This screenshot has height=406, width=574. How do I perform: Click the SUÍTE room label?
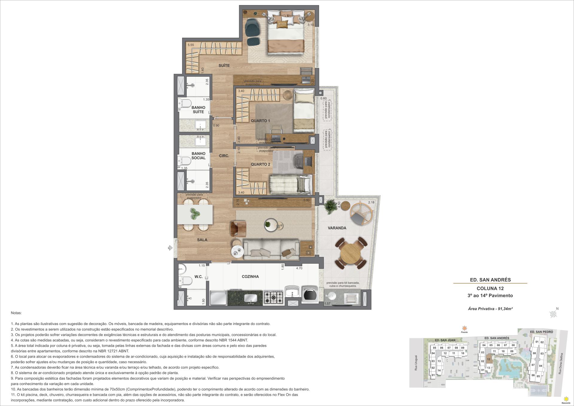224,65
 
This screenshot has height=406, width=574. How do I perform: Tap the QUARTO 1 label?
260,121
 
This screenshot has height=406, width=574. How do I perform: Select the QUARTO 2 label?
260,164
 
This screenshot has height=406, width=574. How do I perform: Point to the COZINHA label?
250,277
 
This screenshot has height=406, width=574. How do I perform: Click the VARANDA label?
337,228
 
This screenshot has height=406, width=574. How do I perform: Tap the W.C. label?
199,277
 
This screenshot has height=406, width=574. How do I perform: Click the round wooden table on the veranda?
351,254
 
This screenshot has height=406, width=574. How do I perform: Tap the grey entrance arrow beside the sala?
170,248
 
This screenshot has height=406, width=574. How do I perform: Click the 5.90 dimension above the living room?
306,200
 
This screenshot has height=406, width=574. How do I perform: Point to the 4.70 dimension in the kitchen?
299,268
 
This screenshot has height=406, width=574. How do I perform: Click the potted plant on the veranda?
330,206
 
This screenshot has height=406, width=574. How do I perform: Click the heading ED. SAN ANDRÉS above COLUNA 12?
490,280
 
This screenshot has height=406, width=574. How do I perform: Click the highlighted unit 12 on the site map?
488,359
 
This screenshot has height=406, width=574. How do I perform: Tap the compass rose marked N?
553,314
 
